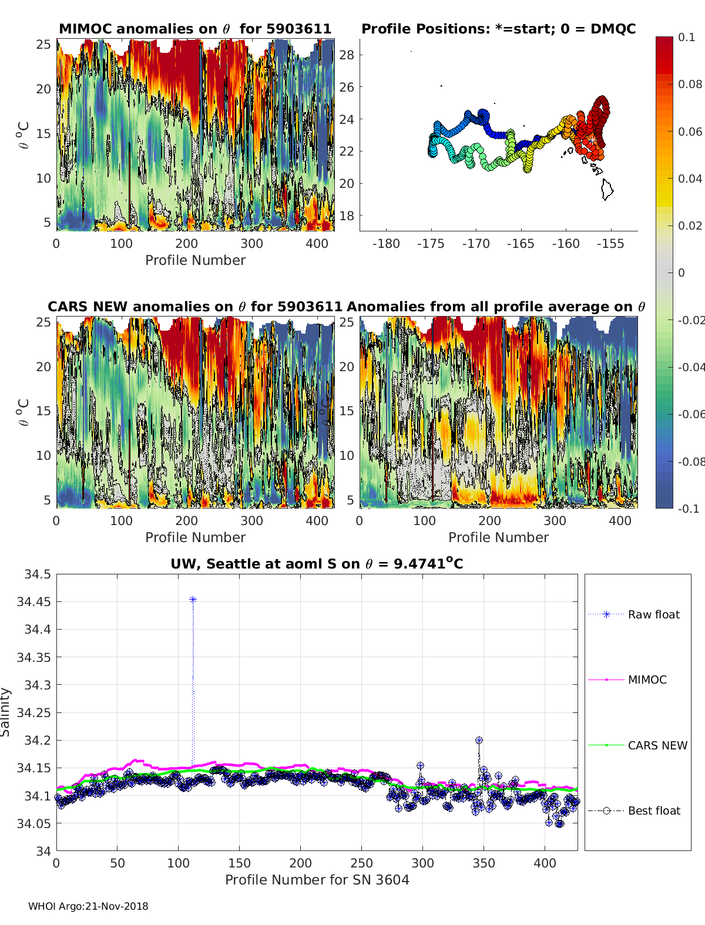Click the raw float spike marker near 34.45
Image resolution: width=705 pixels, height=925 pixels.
click(193, 600)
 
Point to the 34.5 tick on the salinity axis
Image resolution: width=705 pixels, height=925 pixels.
click(38, 574)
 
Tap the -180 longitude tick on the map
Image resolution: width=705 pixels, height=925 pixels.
click(386, 244)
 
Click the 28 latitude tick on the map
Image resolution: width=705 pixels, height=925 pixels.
click(347, 55)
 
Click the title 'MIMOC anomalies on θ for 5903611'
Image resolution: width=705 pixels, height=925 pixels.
click(195, 29)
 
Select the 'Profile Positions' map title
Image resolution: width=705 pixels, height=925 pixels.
click(498, 29)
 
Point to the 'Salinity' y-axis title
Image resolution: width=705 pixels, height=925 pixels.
click(6, 712)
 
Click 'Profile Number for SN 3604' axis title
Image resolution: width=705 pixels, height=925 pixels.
click(317, 880)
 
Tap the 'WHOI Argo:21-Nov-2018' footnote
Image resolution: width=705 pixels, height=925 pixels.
click(88, 906)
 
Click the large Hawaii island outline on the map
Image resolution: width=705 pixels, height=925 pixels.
click(607, 189)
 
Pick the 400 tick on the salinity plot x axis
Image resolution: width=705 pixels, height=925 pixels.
click(545, 863)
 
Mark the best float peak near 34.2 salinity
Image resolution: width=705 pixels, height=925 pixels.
click(479, 741)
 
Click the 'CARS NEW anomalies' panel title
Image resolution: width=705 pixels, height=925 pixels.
click(195, 307)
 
